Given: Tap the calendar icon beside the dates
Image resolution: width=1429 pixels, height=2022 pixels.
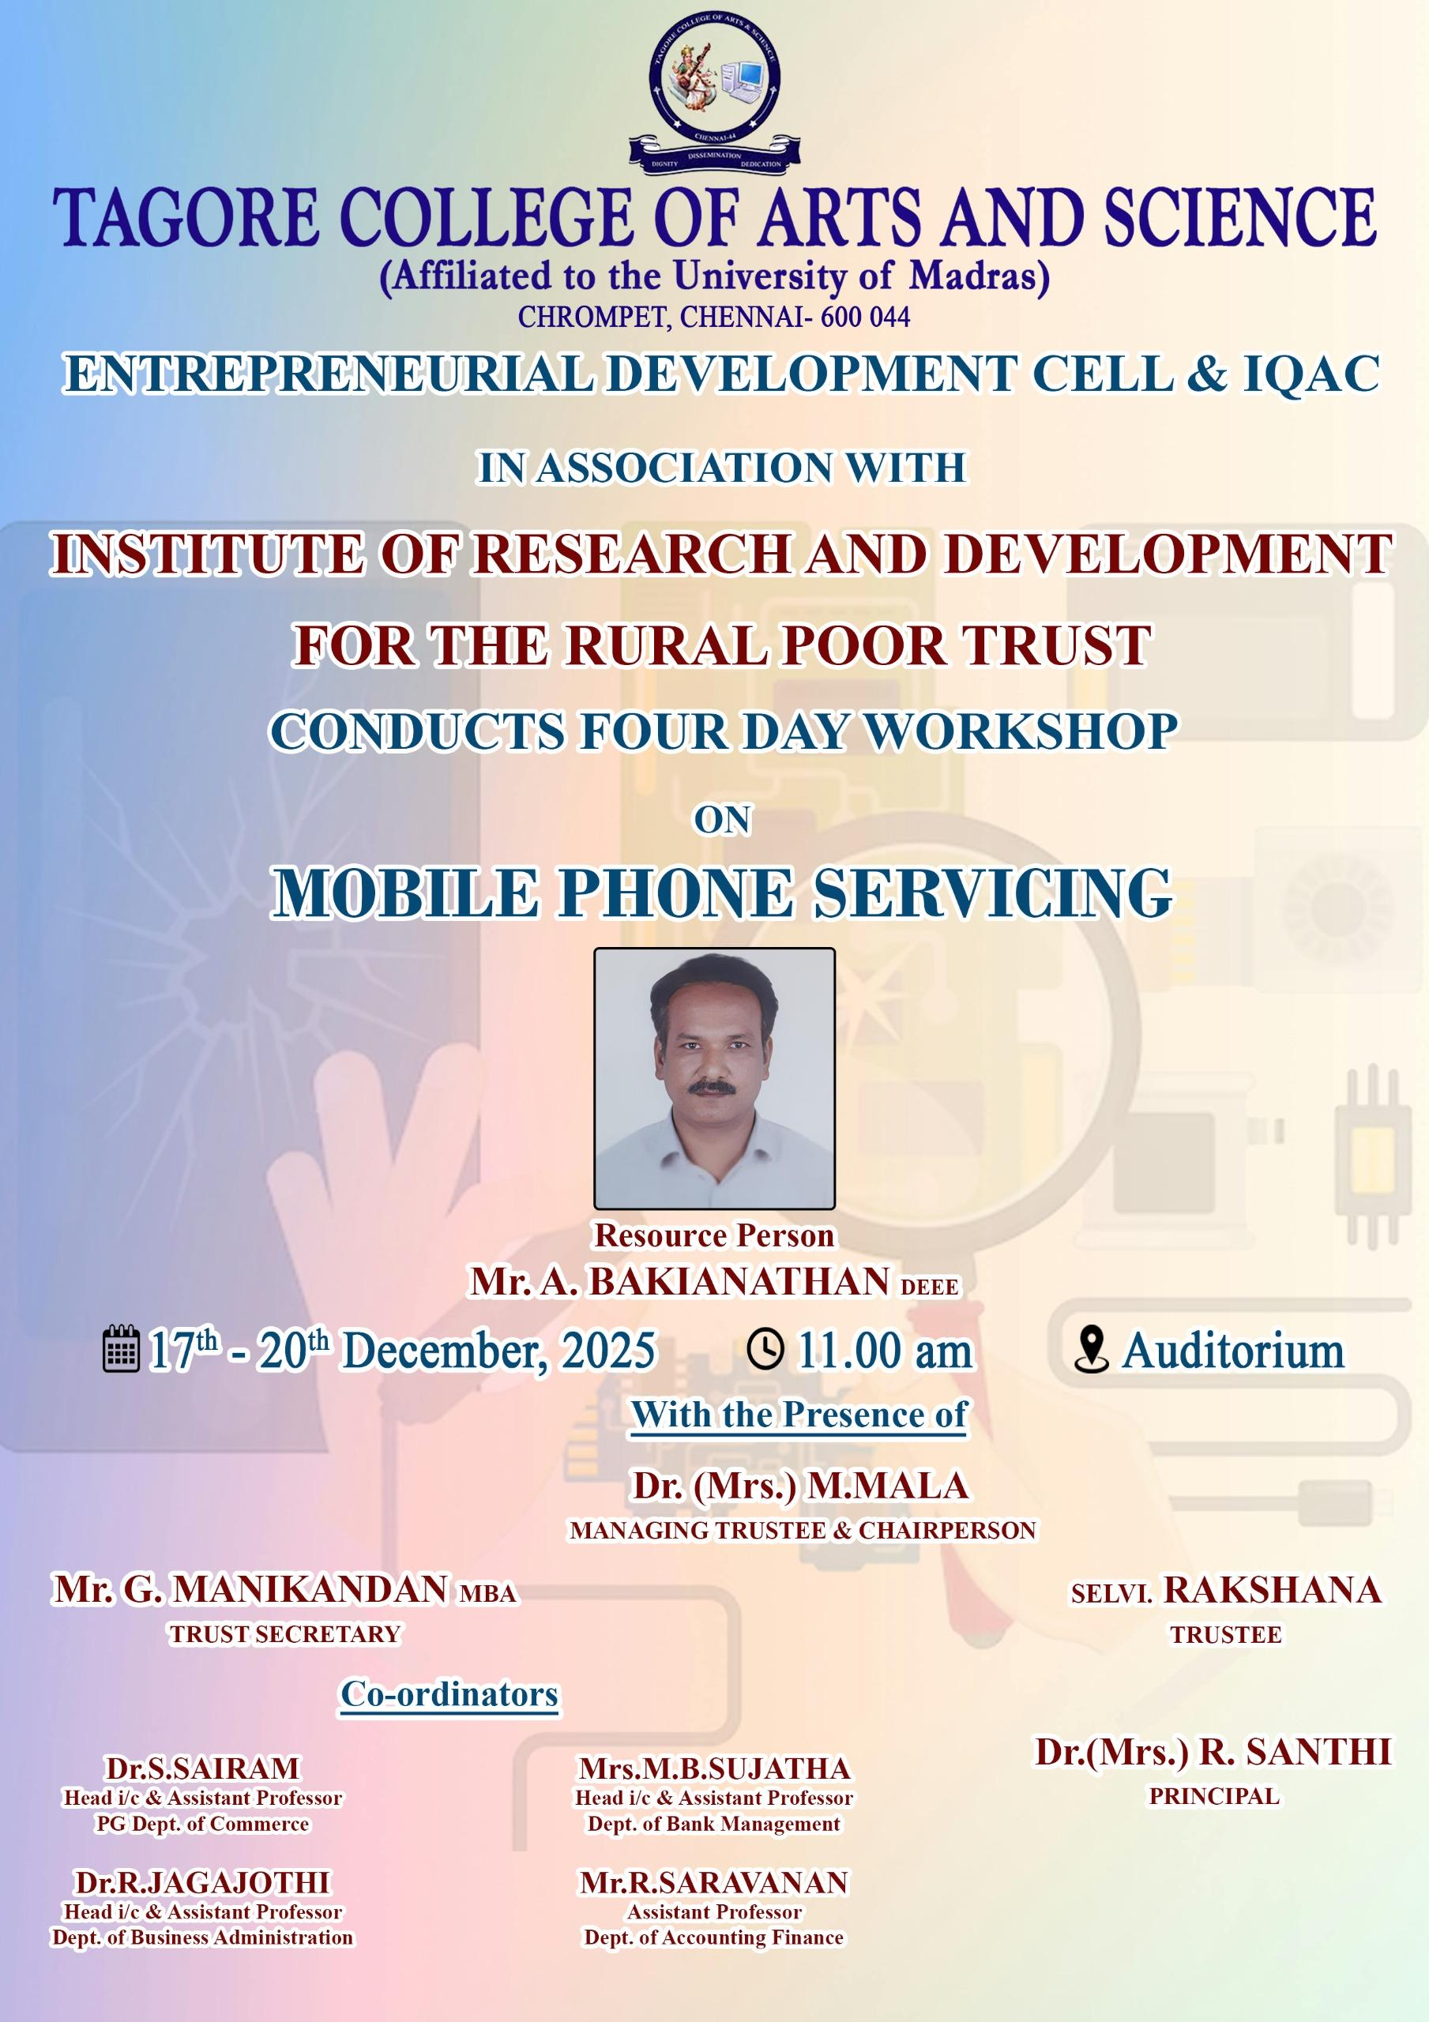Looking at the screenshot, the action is pos(121,1348).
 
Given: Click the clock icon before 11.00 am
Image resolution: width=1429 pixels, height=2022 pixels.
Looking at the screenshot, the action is pos(765,1349).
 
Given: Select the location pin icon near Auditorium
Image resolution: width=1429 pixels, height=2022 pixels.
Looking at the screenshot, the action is pos(1092,1349).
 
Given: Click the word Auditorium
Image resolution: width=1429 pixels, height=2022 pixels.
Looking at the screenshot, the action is pos(1232,1350).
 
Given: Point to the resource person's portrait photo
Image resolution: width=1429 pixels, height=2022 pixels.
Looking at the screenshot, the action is pos(714,1078).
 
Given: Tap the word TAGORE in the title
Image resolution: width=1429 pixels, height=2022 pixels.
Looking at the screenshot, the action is pos(185,216).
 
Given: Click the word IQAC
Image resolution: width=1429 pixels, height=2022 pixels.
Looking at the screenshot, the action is pos(1311,374).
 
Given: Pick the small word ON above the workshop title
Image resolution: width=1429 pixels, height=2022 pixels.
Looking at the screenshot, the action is pos(723,820).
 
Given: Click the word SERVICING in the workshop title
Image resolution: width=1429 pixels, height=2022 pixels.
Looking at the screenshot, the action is pos(992,893).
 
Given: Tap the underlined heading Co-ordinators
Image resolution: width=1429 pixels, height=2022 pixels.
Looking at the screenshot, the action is pos(449,1693).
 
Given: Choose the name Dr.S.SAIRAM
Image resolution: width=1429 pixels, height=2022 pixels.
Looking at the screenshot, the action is pos(203,1768).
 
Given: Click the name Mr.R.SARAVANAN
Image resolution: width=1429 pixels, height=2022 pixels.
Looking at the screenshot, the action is pos(713,1882).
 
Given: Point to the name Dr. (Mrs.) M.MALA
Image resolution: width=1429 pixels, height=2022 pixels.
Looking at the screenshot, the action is pos(801,1486).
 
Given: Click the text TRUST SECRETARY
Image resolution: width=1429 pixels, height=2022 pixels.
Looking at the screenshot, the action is pos(284,1633).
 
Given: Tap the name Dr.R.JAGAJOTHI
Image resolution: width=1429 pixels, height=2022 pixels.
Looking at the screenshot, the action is pos(203,1882).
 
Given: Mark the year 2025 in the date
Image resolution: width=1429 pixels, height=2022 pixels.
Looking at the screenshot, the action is pos(609,1350).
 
